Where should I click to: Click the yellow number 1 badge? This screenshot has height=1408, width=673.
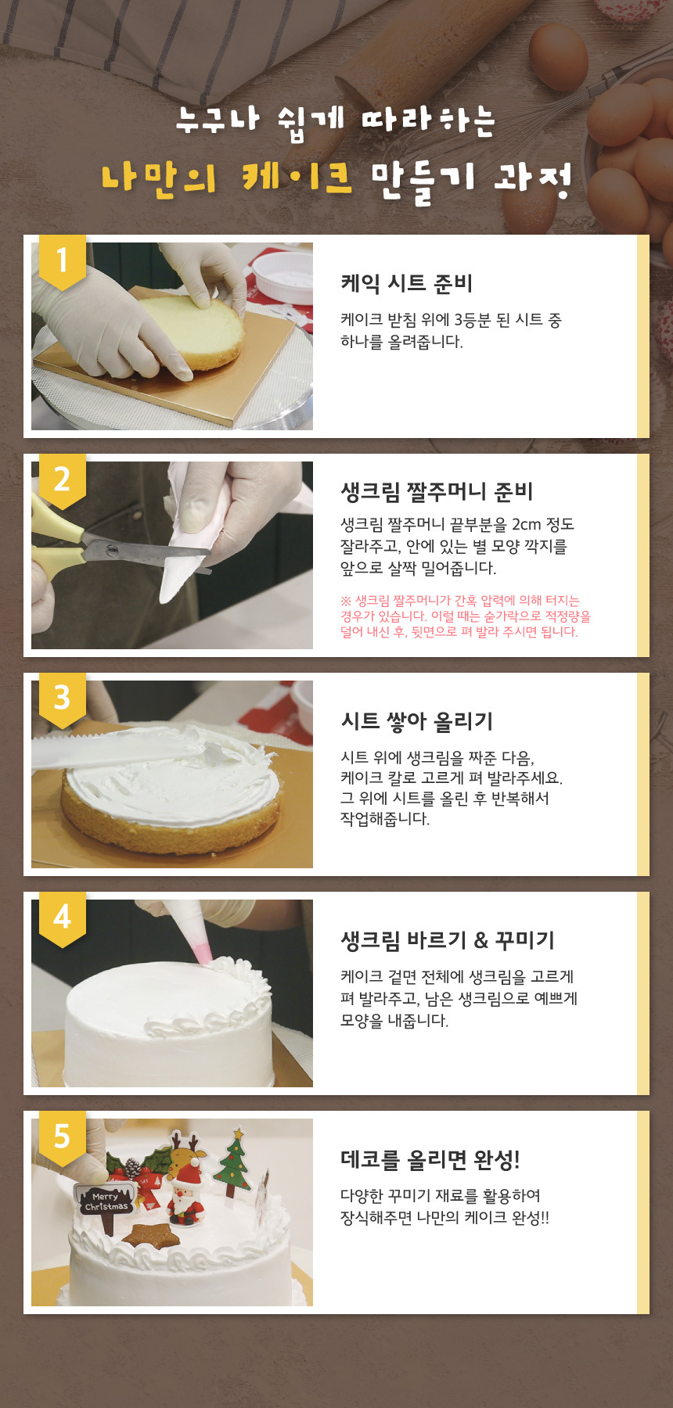pyautogui.click(x=62, y=260)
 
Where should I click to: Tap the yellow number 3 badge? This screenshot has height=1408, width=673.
pyautogui.click(x=62, y=699)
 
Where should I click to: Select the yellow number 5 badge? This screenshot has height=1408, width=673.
pyautogui.click(x=62, y=1137)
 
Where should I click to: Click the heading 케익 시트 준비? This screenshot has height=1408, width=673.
pyautogui.click(x=406, y=283)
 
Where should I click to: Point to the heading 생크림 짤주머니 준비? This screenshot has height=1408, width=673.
pyautogui.click(x=437, y=491)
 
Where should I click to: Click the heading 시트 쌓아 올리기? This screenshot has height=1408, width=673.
pyautogui.click(x=416, y=721)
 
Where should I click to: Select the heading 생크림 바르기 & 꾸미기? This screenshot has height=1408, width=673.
pyautogui.click(x=447, y=940)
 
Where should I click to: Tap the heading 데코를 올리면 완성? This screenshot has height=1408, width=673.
pyautogui.click(x=430, y=1159)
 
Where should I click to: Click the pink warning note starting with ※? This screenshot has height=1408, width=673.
pyautogui.click(x=465, y=616)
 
